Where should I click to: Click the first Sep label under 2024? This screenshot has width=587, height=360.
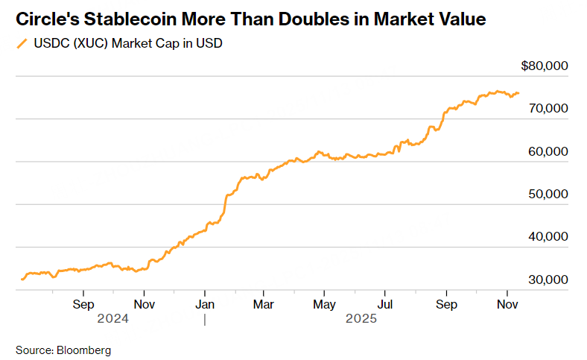[83, 304]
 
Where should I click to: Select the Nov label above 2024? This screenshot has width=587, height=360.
[145, 304]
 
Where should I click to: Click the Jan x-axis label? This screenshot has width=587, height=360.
[205, 304]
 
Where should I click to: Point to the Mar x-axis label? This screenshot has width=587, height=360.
[263, 304]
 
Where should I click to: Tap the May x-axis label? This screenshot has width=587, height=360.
[324, 304]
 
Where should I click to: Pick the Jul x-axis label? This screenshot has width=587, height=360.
[384, 304]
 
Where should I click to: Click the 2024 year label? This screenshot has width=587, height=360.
[113, 319]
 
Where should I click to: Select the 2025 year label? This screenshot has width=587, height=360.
[361, 319]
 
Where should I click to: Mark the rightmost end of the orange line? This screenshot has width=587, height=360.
[519, 92]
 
